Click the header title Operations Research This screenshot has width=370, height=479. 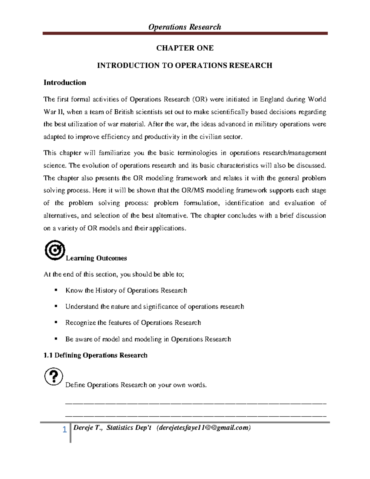[x=185, y=27]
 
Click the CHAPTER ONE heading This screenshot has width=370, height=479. [x=185, y=48]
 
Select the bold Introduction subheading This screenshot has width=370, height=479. [x=65, y=83]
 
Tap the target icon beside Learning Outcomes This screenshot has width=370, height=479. [x=55, y=250]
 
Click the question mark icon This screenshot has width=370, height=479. [x=53, y=376]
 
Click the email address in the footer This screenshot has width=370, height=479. [x=203, y=428]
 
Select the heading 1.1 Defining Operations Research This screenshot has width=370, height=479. [x=96, y=355]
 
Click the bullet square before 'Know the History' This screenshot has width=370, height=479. [x=56, y=290]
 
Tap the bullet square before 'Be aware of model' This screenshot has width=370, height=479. [x=56, y=339]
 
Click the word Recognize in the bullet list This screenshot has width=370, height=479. [x=81, y=323]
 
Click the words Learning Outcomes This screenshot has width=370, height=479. [x=96, y=258]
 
